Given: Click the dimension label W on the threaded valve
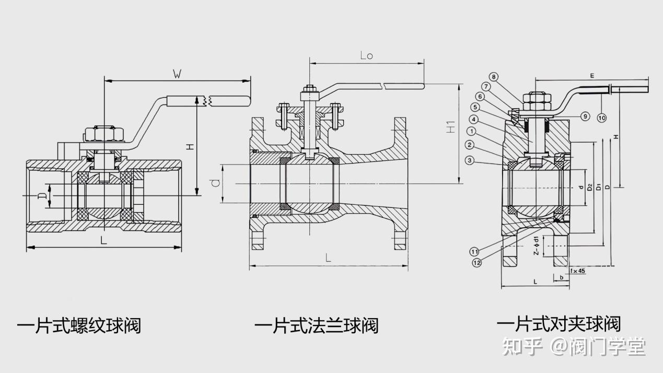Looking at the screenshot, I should (x=178, y=75).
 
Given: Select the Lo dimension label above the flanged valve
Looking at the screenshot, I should (x=367, y=55).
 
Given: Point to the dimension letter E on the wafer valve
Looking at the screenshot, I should (x=592, y=76).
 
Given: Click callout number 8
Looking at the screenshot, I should (x=494, y=77).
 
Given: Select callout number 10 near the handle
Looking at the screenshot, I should (x=602, y=118).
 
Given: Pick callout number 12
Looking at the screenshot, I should (x=476, y=263).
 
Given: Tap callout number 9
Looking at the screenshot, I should (x=585, y=116).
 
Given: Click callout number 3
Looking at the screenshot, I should (x=470, y=160).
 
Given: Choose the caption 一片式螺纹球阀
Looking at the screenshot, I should (x=78, y=326).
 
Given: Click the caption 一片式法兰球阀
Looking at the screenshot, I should (x=316, y=326).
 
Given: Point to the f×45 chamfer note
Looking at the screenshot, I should (x=577, y=271).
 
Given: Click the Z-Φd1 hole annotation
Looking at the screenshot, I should (x=536, y=246).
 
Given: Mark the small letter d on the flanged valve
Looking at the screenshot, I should (x=215, y=183).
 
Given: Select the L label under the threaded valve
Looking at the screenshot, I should (x=103, y=241).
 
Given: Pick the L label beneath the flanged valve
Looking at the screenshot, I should (x=328, y=258).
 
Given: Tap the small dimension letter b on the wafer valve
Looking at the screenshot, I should (x=562, y=277).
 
